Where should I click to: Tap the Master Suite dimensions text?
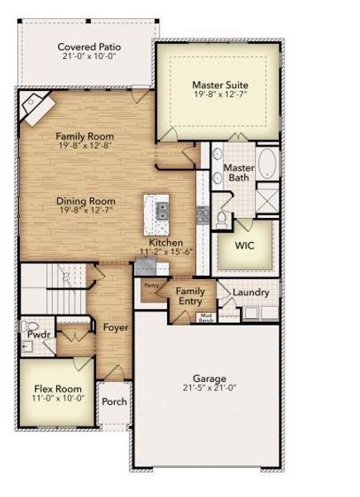pos(220,96)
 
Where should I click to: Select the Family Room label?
pos(84,136)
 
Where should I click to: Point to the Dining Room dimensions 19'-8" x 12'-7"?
pos(85,211)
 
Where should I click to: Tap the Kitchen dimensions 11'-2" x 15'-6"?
pos(165,251)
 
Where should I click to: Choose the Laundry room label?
pos(250,292)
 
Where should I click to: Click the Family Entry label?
pos(191,297)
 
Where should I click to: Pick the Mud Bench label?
pos(205,317)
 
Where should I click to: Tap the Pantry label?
pos(151,286)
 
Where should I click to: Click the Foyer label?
pos(115,327)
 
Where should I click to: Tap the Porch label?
pos(114,402)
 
